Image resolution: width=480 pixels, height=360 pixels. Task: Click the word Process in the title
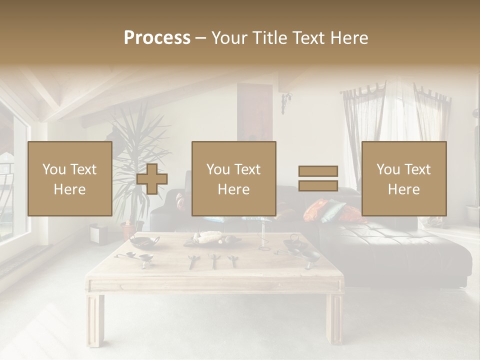pyautogui.click(x=157, y=38)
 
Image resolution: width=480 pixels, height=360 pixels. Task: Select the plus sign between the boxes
pyautogui.click(x=152, y=179)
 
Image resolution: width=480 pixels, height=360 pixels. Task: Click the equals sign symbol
pyautogui.click(x=318, y=178)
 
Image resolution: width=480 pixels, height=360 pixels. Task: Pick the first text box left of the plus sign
pyautogui.click(x=70, y=178)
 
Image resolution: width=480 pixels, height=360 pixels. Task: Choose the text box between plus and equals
pyautogui.click(x=233, y=178)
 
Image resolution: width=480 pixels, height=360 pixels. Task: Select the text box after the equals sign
pyautogui.click(x=403, y=178)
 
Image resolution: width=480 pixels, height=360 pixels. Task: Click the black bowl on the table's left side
pyautogui.click(x=143, y=241)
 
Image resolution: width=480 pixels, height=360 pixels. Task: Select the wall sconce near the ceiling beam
pyautogui.click(x=285, y=102)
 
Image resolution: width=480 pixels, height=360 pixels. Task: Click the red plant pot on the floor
pyautogui.click(x=128, y=230)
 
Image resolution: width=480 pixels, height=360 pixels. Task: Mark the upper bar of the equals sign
pyautogui.click(x=318, y=171)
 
